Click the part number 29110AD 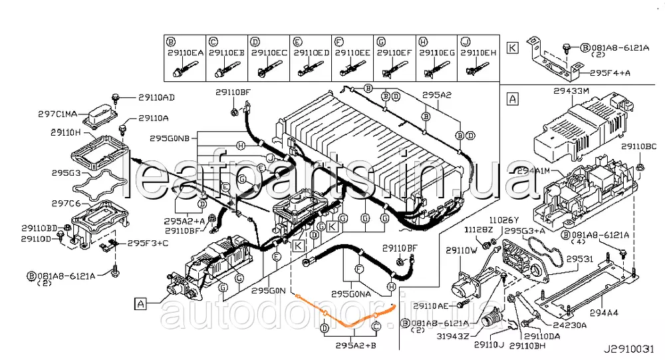156,97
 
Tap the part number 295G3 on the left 65,172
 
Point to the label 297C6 65,203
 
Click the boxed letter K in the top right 511,47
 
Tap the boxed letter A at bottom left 140,304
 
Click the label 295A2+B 356,345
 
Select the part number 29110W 462,252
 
